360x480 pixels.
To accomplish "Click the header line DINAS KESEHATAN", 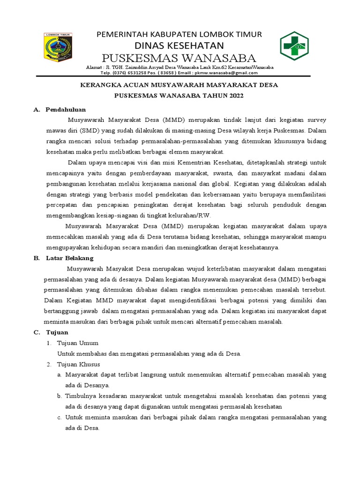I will [179, 45].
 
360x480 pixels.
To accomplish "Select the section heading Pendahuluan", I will [66, 109].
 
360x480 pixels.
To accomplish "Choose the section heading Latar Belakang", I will [69, 258].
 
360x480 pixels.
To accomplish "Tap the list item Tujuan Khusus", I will [78, 364].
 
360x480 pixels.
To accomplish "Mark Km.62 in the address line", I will [217, 67].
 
